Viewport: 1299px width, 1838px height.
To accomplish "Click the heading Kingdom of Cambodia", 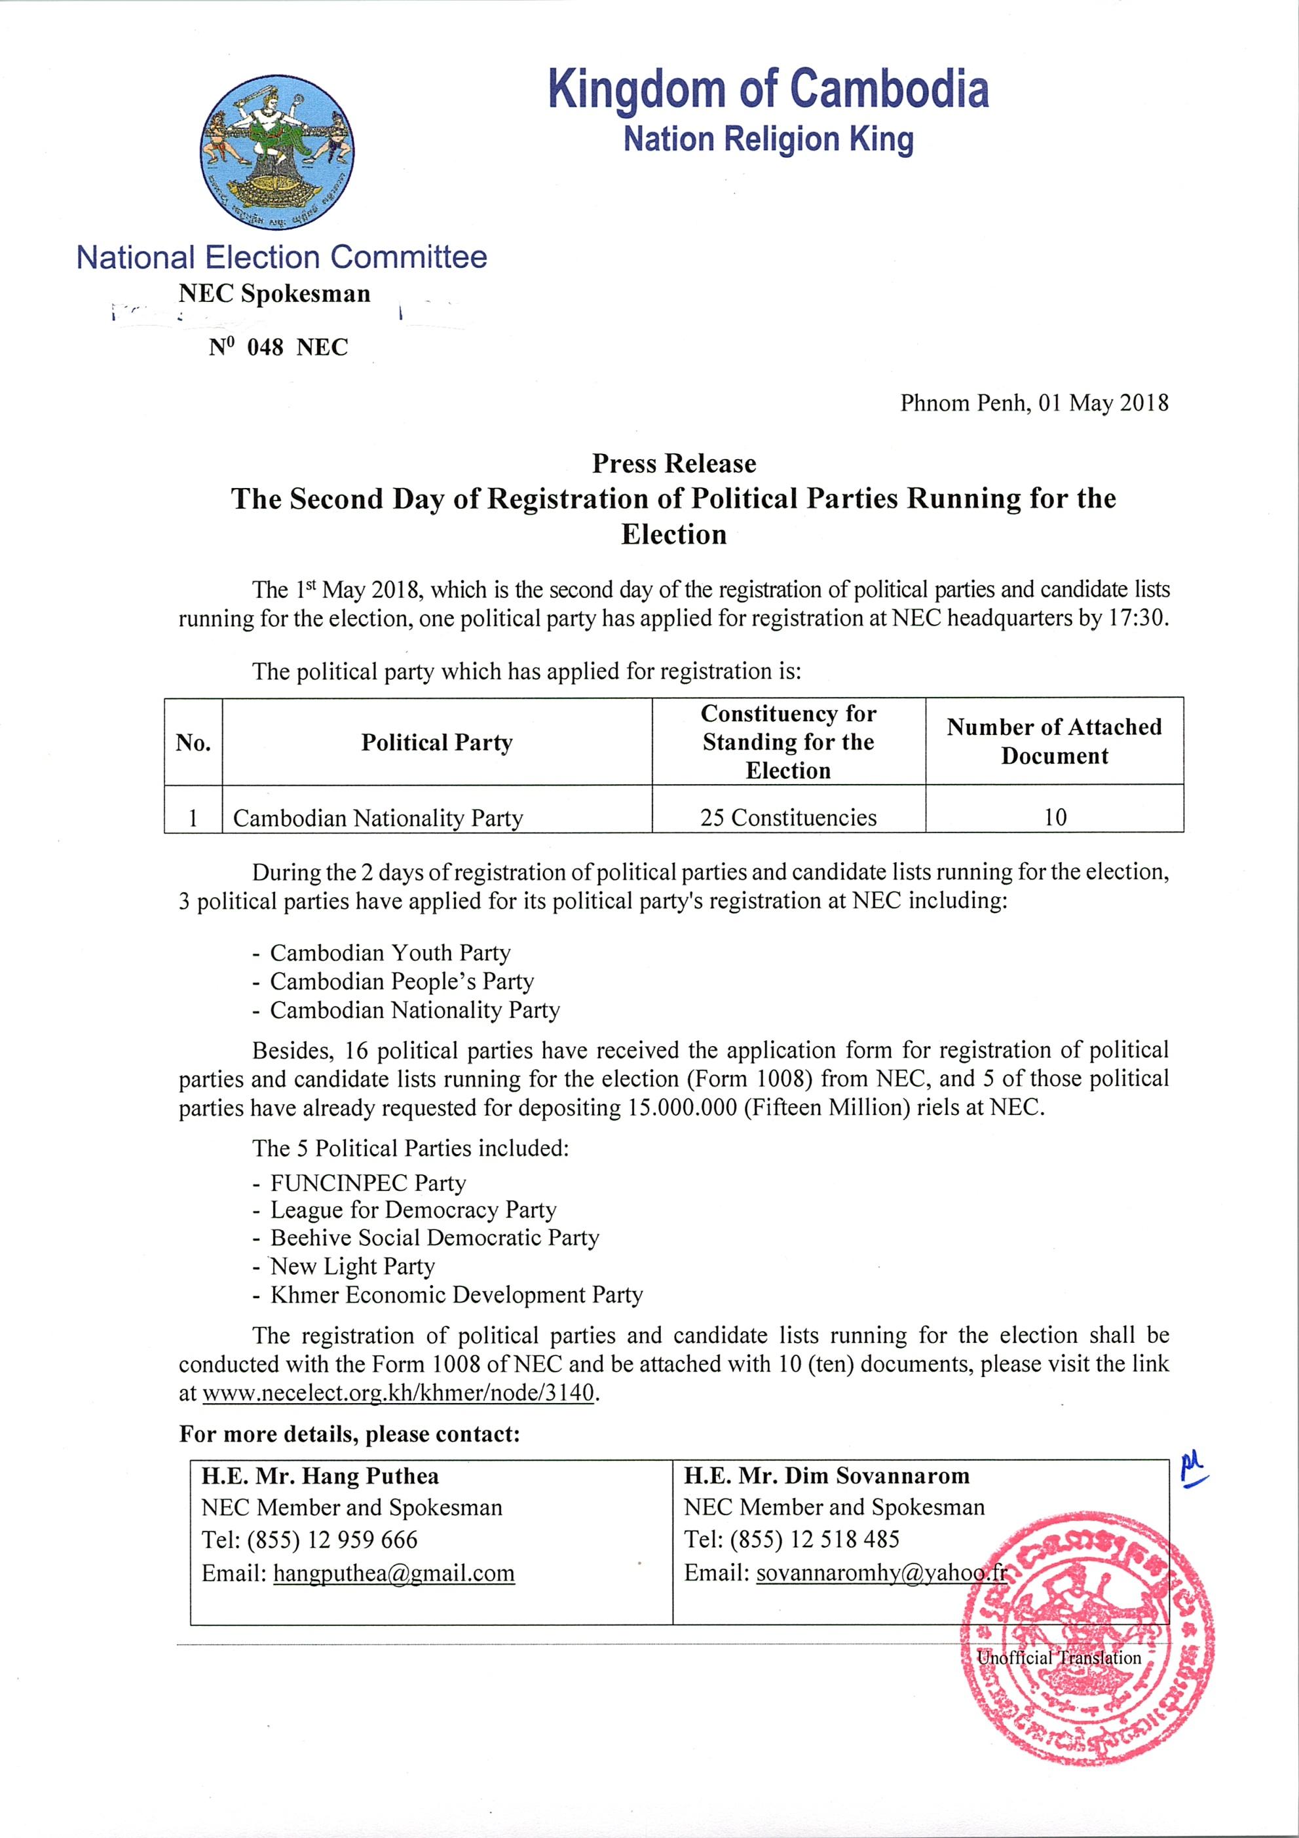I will click(768, 90).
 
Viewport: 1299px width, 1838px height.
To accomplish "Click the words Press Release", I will click(674, 464).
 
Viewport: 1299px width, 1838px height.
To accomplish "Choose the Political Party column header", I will click(436, 742).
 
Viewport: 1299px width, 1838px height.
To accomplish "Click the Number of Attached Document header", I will click(1054, 741).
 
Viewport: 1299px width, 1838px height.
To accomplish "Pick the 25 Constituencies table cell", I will click(788, 817).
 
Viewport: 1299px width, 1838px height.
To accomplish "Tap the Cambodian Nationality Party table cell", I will click(378, 818).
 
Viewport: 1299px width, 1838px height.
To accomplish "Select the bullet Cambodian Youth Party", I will click(390, 952).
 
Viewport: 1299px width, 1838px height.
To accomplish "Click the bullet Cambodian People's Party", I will click(402, 981).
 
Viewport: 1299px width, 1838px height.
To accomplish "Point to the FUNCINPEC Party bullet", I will click(368, 1182).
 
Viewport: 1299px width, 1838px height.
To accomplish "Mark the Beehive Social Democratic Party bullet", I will click(434, 1237).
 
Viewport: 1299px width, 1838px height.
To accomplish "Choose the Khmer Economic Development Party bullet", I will click(456, 1294).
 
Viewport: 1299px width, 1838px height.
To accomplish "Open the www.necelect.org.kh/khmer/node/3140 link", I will click(398, 1393).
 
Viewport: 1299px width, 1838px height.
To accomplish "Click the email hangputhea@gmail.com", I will click(394, 1573).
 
